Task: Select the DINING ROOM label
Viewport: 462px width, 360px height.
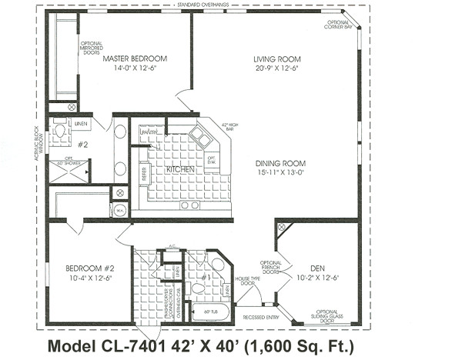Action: tap(281, 163)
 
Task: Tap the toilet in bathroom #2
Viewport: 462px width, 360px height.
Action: tap(60, 131)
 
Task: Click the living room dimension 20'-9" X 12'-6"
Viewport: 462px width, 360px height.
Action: tap(275, 68)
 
